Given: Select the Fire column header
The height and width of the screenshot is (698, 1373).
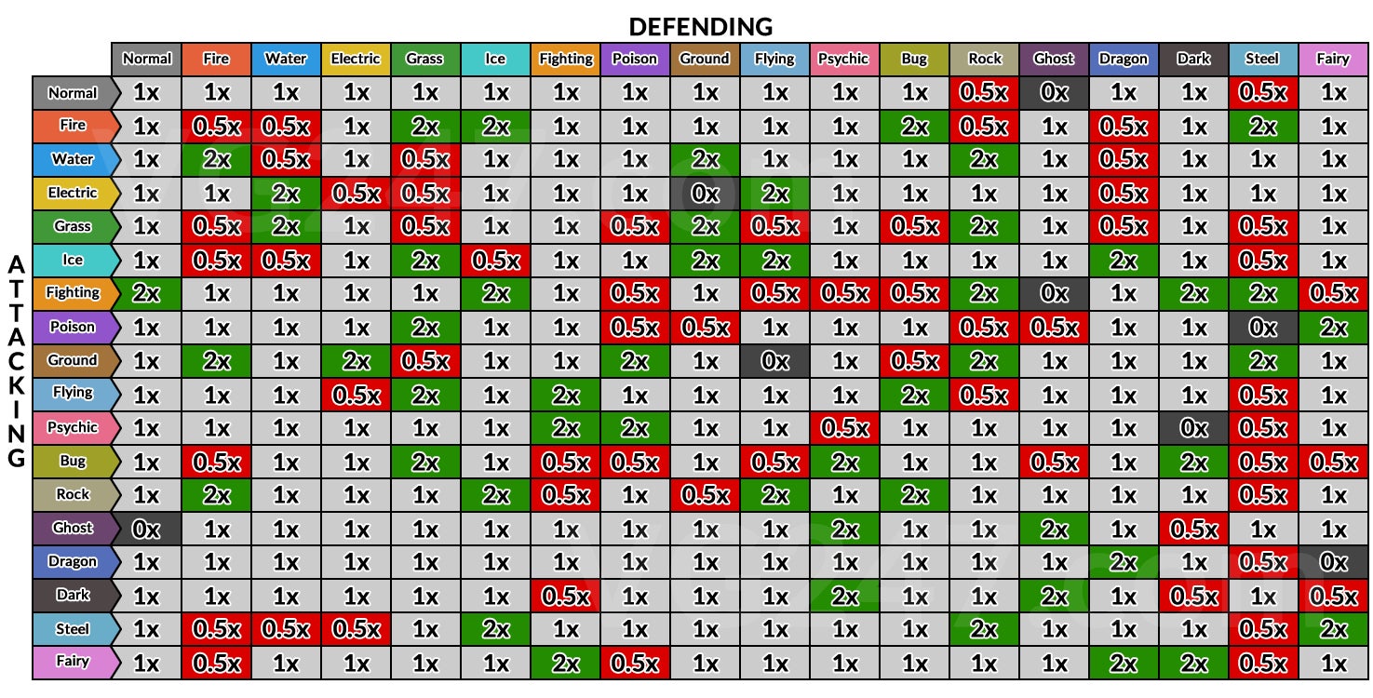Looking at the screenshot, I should [x=216, y=59].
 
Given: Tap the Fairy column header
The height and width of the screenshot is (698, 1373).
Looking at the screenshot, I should [x=1333, y=59].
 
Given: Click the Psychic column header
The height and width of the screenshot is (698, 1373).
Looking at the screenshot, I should [x=844, y=59].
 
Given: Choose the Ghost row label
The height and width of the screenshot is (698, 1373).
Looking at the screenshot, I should [x=73, y=528].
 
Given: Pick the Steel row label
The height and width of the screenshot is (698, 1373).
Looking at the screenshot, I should [x=73, y=628].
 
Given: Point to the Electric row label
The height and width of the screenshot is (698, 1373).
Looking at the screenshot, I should [x=73, y=193].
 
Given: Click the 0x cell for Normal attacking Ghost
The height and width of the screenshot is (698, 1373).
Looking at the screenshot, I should [x=1054, y=92].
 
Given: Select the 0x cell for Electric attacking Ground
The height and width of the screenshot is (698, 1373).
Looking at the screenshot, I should [x=705, y=193].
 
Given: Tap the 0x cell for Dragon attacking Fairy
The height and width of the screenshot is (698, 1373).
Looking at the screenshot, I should [x=1333, y=561].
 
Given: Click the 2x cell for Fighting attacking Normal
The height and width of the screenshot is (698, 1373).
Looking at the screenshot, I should [x=146, y=293].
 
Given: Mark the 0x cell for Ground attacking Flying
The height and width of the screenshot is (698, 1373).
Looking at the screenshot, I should [x=774, y=360].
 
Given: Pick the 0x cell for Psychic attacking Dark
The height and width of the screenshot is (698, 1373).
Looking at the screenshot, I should [x=1193, y=427].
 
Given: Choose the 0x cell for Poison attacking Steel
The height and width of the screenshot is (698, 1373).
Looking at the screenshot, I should [x=1263, y=327].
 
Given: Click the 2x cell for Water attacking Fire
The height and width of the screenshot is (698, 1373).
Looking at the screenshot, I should [x=216, y=159].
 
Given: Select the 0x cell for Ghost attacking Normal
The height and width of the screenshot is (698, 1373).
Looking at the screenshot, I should [x=146, y=528].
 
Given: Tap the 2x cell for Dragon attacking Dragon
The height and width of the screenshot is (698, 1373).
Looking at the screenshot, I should [x=1124, y=561].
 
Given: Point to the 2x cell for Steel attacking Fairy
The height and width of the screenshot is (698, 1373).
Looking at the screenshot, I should [x=1333, y=628].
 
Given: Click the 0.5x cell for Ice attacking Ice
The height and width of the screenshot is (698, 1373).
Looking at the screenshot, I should [x=495, y=260].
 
